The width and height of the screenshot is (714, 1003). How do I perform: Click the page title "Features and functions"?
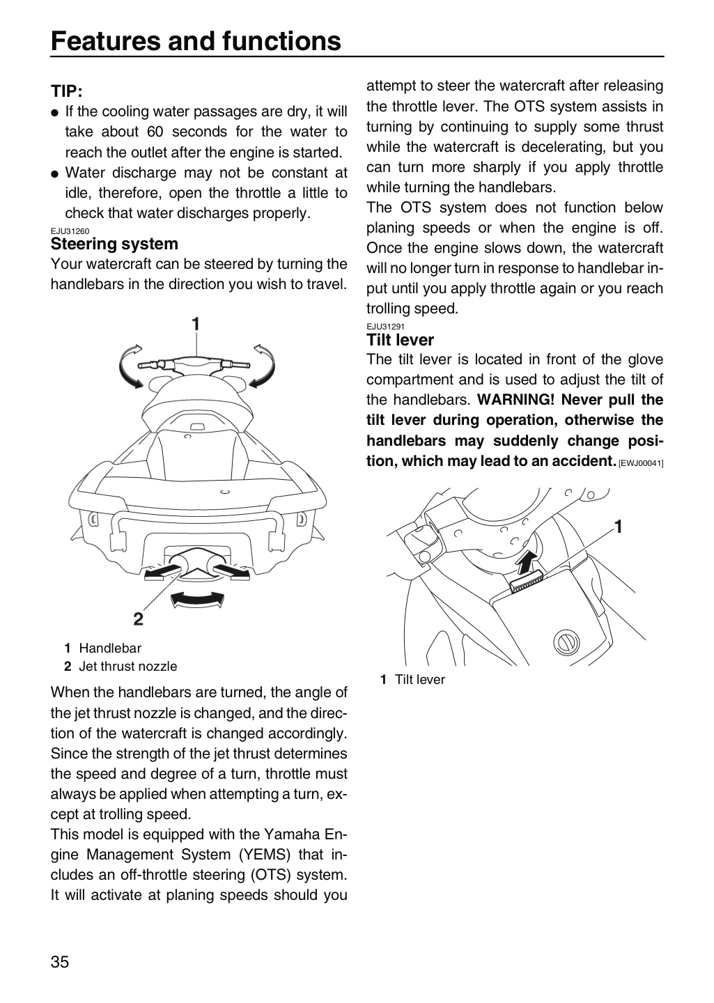tap(196, 41)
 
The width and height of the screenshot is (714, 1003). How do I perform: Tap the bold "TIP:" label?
tap(67, 91)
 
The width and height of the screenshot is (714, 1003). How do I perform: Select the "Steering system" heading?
tap(114, 244)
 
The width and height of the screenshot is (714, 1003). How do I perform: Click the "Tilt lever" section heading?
tap(400, 340)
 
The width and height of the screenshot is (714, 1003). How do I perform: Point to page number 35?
tap(60, 962)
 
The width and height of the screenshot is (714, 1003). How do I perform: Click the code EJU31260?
tap(70, 231)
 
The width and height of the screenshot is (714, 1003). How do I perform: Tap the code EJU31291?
tap(385, 327)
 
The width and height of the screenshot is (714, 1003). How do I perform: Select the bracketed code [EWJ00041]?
tap(641, 463)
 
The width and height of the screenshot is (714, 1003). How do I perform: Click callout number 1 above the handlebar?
tap(196, 324)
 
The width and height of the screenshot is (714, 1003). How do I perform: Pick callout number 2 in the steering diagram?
tap(139, 619)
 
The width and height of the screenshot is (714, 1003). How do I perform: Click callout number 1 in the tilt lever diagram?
tap(618, 527)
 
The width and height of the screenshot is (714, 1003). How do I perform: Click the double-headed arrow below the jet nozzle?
tap(198, 600)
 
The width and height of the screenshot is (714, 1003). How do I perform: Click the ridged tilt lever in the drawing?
tap(527, 582)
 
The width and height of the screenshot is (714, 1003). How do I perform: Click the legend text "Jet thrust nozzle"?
tap(128, 667)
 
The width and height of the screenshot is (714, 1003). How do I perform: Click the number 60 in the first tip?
tap(155, 132)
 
